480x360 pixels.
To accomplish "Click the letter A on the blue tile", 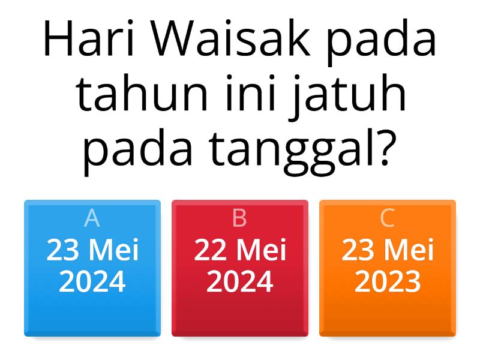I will click(x=92, y=219).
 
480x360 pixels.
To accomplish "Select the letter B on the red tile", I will click(x=239, y=219).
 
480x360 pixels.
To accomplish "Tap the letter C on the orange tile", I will click(x=388, y=219).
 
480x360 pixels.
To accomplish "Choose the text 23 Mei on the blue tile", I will click(x=92, y=250).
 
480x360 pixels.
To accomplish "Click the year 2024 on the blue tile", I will click(x=92, y=281).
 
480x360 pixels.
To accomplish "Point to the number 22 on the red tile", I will click(x=209, y=250).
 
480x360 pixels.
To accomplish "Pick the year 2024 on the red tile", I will click(x=240, y=281).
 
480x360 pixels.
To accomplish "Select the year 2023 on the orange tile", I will click(x=388, y=281).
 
